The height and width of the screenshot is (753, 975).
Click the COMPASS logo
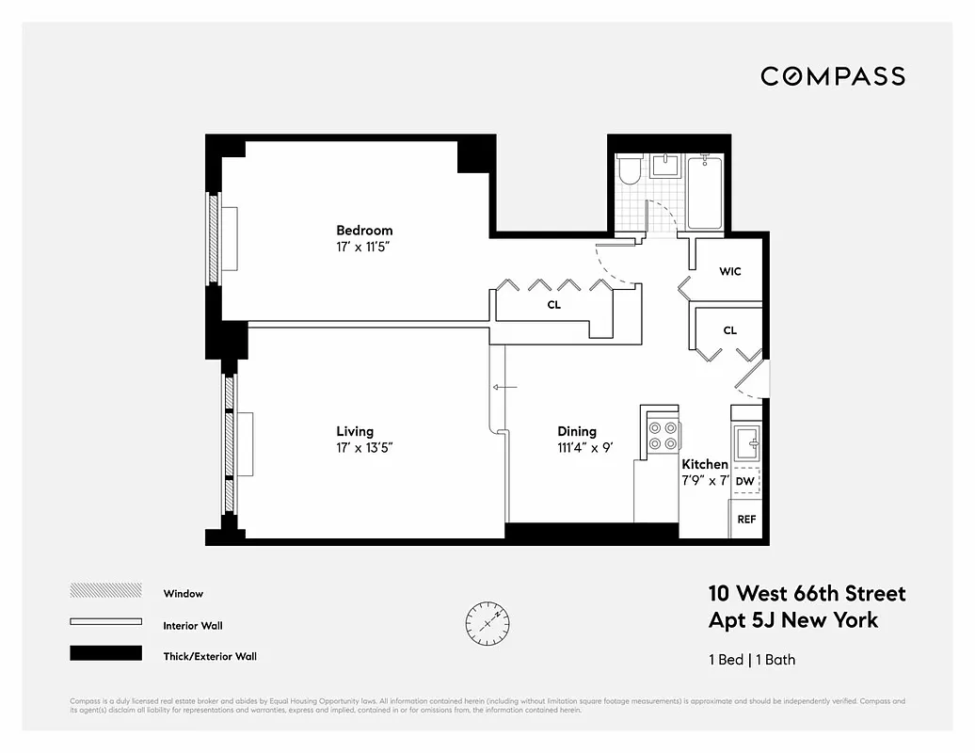tap(833, 76)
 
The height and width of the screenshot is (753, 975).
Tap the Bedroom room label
tap(364, 231)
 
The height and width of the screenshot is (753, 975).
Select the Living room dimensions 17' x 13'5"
tap(364, 448)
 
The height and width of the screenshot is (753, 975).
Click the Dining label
tap(577, 432)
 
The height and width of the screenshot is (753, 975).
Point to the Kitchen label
tap(705, 464)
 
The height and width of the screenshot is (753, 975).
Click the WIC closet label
tap(730, 271)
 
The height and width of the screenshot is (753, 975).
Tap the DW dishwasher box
tap(744, 481)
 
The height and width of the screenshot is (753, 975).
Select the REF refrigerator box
tap(745, 520)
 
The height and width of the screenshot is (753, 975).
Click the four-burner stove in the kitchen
tap(663, 435)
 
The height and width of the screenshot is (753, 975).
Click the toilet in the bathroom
tap(629, 170)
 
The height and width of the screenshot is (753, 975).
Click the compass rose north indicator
tap(487, 620)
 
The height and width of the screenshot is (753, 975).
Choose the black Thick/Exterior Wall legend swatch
tap(105, 653)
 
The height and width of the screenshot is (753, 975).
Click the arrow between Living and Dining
tap(504, 387)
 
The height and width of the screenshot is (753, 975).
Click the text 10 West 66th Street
tap(807, 594)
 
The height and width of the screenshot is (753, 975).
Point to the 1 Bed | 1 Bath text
tap(751, 659)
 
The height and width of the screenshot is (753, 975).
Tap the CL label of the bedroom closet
tap(554, 305)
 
